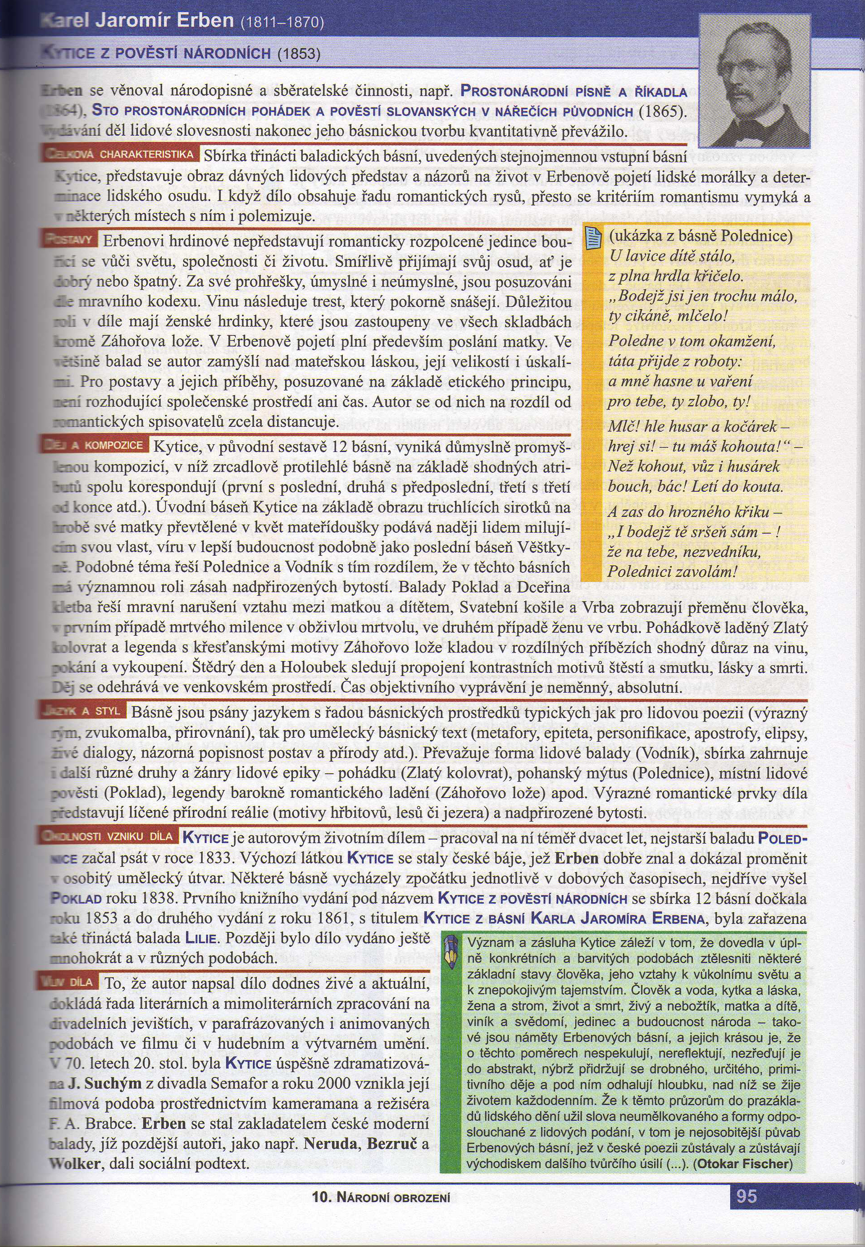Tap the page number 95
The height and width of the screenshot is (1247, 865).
(747, 1196)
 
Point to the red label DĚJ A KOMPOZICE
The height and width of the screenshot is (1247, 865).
(96, 445)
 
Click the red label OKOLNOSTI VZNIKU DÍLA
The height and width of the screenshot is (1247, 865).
(109, 836)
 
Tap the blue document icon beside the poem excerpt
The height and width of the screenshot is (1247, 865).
(593, 238)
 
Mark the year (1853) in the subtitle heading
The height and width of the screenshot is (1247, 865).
(299, 54)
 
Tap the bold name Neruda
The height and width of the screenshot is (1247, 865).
(331, 1143)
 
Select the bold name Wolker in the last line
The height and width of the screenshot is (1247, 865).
(75, 1164)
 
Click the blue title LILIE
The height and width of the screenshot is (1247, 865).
(202, 938)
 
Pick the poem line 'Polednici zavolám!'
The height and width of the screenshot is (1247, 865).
(672, 571)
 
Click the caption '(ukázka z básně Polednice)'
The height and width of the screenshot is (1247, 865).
(700, 236)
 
